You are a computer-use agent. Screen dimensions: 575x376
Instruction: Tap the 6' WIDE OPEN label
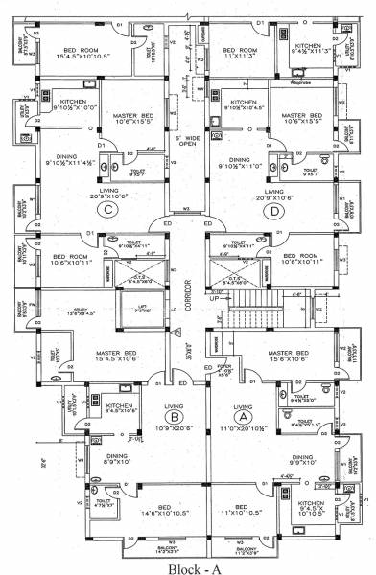click(x=187, y=145)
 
